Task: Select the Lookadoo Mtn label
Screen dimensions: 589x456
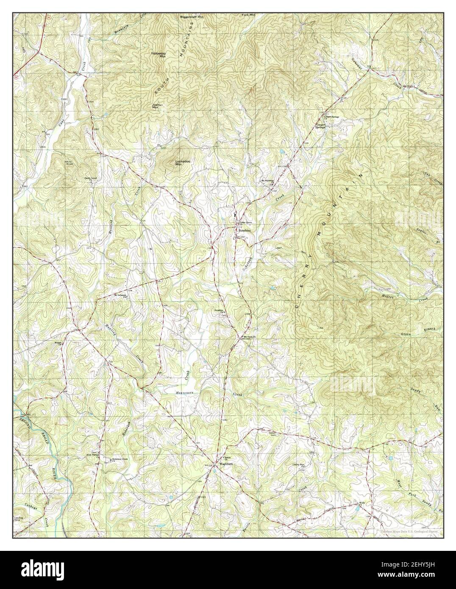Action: (182, 163)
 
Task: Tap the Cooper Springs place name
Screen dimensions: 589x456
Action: (323, 125)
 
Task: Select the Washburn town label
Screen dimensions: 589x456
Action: (222, 464)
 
